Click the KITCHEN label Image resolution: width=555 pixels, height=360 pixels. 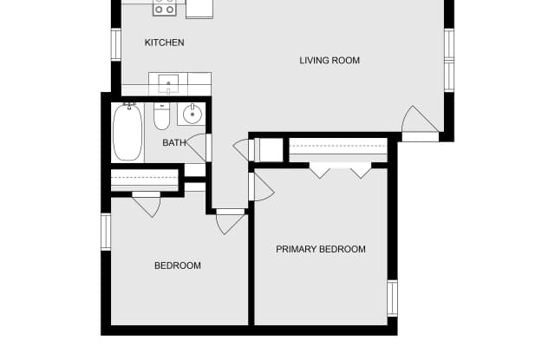pos(164,43)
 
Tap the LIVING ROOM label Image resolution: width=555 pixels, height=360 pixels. pos(330,61)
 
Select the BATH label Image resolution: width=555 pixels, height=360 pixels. pos(174,142)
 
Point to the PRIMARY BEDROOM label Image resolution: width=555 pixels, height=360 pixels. pos(321,249)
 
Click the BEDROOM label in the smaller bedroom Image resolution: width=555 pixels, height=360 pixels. pos(178,265)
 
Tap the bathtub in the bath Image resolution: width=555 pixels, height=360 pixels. pos(127,132)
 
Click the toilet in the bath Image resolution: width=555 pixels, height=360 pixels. pos(162,116)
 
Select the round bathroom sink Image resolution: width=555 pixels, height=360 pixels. pos(193,114)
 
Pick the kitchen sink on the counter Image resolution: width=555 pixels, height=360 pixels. pos(168,84)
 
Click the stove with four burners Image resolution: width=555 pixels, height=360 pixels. pos(165,8)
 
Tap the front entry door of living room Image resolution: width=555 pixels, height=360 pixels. pos(421,122)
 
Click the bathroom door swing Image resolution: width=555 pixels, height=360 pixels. pos(197,147)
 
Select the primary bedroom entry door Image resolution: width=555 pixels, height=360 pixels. pos(262,187)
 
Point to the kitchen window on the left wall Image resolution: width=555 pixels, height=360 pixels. pos(116,44)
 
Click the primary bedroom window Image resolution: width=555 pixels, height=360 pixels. pos(392,298)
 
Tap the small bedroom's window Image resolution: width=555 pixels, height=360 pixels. pos(106,232)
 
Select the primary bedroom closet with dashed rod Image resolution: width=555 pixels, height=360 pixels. pos(338,149)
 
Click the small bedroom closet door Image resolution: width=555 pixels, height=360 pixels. pos(147,204)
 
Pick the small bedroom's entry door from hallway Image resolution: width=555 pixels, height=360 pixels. pos(231,221)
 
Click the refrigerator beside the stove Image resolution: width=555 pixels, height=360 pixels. pos(199,9)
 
